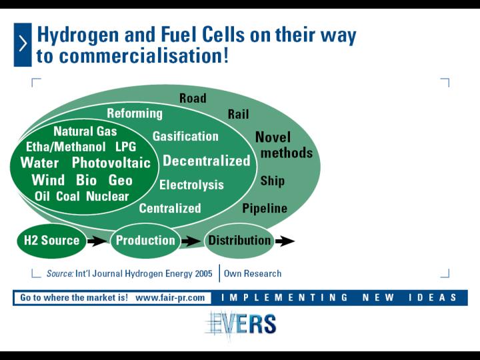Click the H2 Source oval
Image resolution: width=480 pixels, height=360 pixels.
point(52,241)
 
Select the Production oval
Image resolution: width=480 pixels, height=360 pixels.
point(145,241)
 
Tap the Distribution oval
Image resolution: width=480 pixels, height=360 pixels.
point(239,241)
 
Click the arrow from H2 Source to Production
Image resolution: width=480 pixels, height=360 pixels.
point(97,241)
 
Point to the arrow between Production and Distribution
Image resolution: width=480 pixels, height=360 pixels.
point(191,241)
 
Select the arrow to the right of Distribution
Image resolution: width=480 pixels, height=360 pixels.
point(285,241)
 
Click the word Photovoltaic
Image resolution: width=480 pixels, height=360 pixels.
point(111,163)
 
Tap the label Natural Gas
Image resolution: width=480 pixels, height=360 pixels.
point(85,131)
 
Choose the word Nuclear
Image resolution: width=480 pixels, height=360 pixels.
point(107,196)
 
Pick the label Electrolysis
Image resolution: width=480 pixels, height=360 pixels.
point(191,185)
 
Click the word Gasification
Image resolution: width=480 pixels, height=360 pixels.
point(185,136)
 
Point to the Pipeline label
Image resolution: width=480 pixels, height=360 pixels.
point(265,209)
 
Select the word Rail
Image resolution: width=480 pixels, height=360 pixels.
point(239,115)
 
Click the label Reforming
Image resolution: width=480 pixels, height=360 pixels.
point(135,113)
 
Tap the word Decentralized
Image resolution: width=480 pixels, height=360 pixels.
point(207,161)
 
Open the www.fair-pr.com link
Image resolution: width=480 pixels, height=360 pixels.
point(170,297)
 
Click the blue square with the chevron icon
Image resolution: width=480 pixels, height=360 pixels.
point(23,45)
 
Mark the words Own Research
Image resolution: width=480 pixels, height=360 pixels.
point(253,273)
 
